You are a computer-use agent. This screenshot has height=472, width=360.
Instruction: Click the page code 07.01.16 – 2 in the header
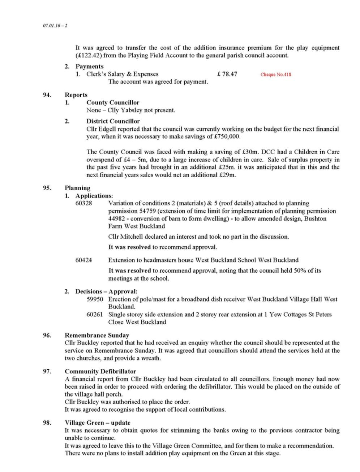click(55, 26)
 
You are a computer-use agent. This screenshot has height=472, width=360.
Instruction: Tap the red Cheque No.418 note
click(276, 75)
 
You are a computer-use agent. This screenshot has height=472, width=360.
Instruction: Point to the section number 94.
click(47, 95)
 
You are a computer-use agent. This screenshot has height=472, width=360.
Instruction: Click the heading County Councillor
click(112, 103)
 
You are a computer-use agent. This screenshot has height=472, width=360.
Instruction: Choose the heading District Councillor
click(113, 121)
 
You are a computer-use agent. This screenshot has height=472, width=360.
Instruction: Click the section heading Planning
click(77, 188)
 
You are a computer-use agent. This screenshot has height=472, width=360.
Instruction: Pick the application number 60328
click(83, 203)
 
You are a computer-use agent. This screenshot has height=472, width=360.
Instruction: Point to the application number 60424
click(83, 260)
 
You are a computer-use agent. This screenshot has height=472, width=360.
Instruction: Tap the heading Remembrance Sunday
click(97, 335)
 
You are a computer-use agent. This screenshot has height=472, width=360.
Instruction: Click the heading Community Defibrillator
click(100, 371)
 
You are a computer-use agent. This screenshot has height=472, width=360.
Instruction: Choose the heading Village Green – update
click(98, 423)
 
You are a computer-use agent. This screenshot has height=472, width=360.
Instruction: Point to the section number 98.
click(47, 423)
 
